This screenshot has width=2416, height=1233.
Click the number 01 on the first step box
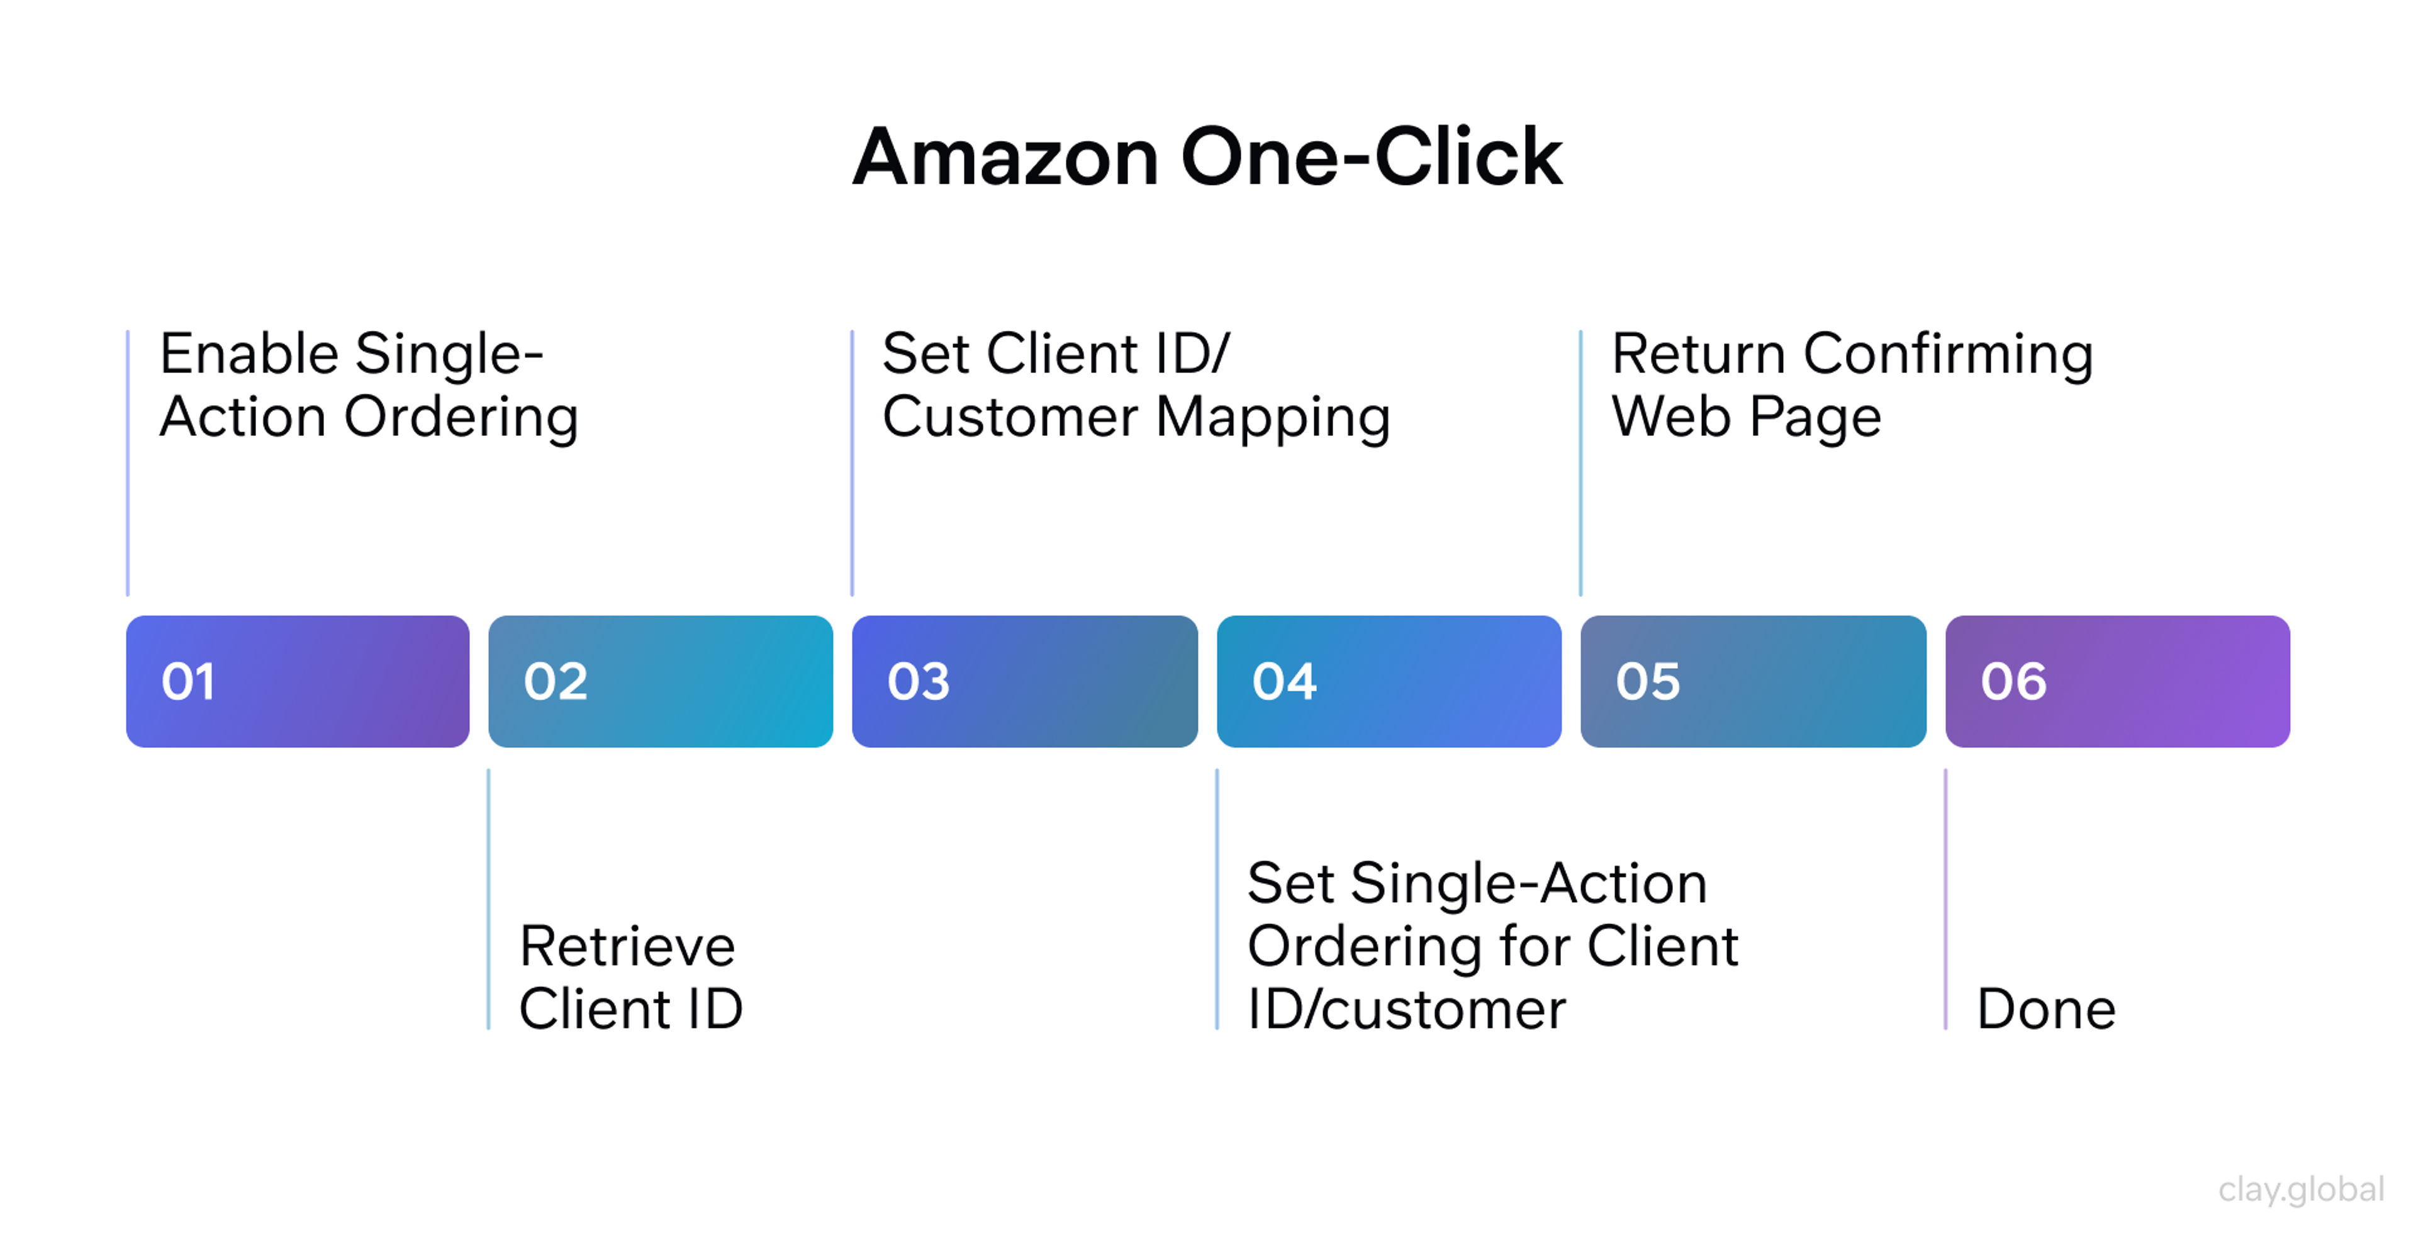189,682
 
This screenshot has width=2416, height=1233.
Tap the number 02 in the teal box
555,682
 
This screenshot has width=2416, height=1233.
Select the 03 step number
918,682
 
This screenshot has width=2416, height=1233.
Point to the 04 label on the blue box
1284,682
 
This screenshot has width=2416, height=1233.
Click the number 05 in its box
1647,682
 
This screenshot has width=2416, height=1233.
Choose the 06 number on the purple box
2013,682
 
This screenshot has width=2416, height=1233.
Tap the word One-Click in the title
1371,157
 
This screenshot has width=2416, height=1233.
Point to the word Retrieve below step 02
627,946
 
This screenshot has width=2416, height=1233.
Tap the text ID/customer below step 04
1406,1010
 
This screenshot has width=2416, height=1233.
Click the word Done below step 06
2045,1010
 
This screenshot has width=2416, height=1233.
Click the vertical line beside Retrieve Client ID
489,900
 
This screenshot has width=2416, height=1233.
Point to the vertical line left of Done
1945,900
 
